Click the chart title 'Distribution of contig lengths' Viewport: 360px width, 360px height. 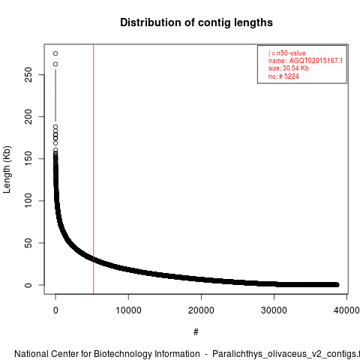(x=196, y=22)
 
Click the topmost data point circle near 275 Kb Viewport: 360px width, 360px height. (x=55, y=53)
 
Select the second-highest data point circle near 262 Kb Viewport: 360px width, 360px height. (x=55, y=64)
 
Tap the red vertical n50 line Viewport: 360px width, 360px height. (x=94, y=169)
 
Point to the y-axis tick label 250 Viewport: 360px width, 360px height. (x=28, y=74)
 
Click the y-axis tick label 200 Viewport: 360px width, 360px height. (x=28, y=116)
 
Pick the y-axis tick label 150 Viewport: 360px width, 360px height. (x=28, y=158)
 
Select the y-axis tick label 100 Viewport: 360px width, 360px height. (x=28, y=200)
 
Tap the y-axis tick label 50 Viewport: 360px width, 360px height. (x=28, y=243)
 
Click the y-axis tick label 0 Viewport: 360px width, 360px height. (x=28, y=285)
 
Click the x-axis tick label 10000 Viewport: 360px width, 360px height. (x=128, y=310)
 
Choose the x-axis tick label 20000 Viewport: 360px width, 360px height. (x=201, y=310)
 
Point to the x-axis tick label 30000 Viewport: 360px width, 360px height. (x=274, y=310)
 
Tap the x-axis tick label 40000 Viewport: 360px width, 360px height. (x=346, y=310)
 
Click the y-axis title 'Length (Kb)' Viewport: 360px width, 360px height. (x=7, y=169)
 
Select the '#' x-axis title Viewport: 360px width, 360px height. (x=196, y=332)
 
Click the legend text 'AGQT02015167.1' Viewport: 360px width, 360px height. (x=316, y=61)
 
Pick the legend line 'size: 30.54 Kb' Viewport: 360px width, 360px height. (x=289, y=68)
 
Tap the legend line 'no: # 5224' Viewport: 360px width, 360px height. (x=283, y=76)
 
